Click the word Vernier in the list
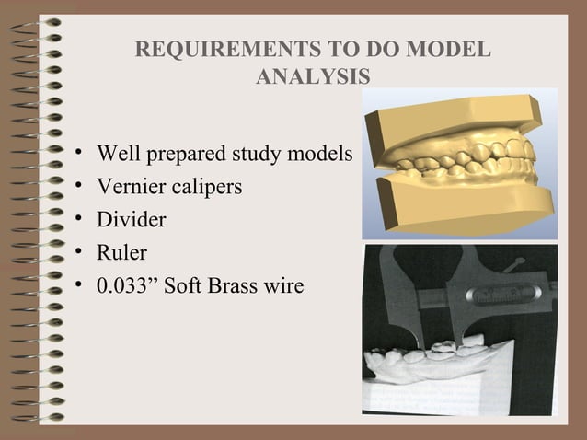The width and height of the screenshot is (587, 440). pyautogui.click(x=128, y=187)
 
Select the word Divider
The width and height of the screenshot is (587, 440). pyautogui.click(x=132, y=220)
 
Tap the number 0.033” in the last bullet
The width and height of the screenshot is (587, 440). pyautogui.click(x=130, y=285)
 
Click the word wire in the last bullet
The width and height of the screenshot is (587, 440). pyautogui.click(x=284, y=285)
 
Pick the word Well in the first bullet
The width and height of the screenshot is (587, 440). pyautogui.click(x=116, y=154)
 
